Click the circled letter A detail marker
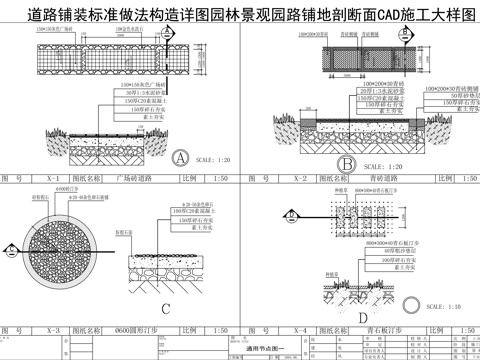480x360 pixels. tap(181, 158)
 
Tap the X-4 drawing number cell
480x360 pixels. tap(299, 328)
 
